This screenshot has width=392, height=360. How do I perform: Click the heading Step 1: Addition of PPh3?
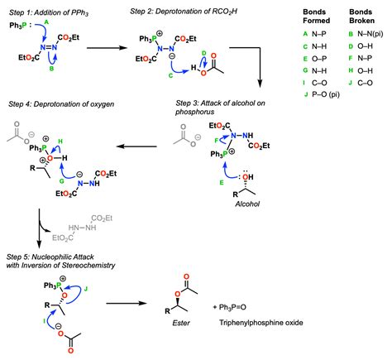(x=49, y=12)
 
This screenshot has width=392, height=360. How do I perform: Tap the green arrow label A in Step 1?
(x=46, y=22)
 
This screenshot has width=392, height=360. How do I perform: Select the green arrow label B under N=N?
(x=51, y=69)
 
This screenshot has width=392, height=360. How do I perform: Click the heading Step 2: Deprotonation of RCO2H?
(x=184, y=12)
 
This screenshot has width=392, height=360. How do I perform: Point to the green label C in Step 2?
(x=170, y=75)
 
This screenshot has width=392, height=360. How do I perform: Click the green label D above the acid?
(x=204, y=53)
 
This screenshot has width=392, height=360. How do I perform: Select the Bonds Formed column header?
(x=316, y=17)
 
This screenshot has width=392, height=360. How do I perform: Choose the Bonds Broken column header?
(x=361, y=17)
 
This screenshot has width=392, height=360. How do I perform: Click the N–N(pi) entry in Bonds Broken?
(x=370, y=34)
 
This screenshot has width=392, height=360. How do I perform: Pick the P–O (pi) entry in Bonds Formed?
(x=326, y=94)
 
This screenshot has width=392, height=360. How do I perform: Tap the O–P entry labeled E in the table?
(x=319, y=59)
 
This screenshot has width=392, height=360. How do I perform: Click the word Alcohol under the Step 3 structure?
(x=247, y=204)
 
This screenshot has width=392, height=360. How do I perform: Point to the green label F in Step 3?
(x=217, y=141)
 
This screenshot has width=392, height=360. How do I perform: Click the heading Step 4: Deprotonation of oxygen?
(x=61, y=104)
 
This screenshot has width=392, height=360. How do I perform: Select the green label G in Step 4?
(x=61, y=181)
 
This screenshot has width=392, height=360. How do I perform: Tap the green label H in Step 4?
(x=60, y=142)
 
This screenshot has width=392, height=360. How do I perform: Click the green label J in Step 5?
(x=86, y=289)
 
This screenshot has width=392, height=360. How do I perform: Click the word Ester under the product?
(x=181, y=323)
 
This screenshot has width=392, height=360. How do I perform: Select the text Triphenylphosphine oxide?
(x=261, y=323)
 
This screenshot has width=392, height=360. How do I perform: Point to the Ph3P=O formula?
(x=232, y=307)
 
